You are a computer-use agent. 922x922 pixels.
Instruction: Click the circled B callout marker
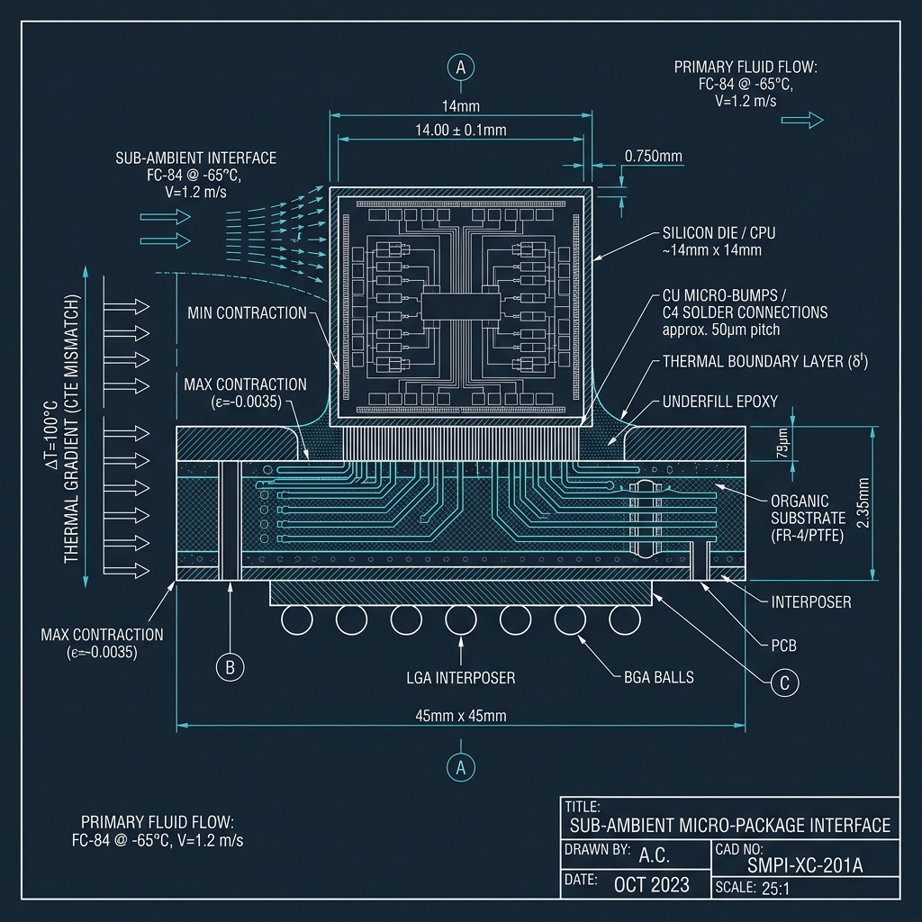[230, 667]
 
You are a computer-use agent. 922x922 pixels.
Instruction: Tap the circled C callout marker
[784, 683]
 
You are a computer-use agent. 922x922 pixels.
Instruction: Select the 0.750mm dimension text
[654, 157]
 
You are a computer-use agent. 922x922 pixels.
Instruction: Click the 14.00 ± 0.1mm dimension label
[461, 130]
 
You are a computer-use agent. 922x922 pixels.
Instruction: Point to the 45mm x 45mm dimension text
[461, 716]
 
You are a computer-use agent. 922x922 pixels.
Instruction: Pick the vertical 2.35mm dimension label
[863, 506]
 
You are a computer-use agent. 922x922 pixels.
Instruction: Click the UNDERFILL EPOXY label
[719, 402]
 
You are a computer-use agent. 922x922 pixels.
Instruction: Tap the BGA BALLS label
[659, 677]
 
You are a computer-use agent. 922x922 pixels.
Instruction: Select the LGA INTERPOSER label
[461, 677]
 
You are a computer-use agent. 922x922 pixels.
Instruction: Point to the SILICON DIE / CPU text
[719, 233]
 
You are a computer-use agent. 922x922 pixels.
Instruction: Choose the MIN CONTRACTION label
[248, 312]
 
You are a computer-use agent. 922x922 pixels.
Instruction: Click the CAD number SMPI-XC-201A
[805, 866]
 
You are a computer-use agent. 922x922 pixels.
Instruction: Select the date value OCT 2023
[652, 884]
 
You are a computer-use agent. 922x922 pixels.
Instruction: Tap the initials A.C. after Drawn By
[654, 854]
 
